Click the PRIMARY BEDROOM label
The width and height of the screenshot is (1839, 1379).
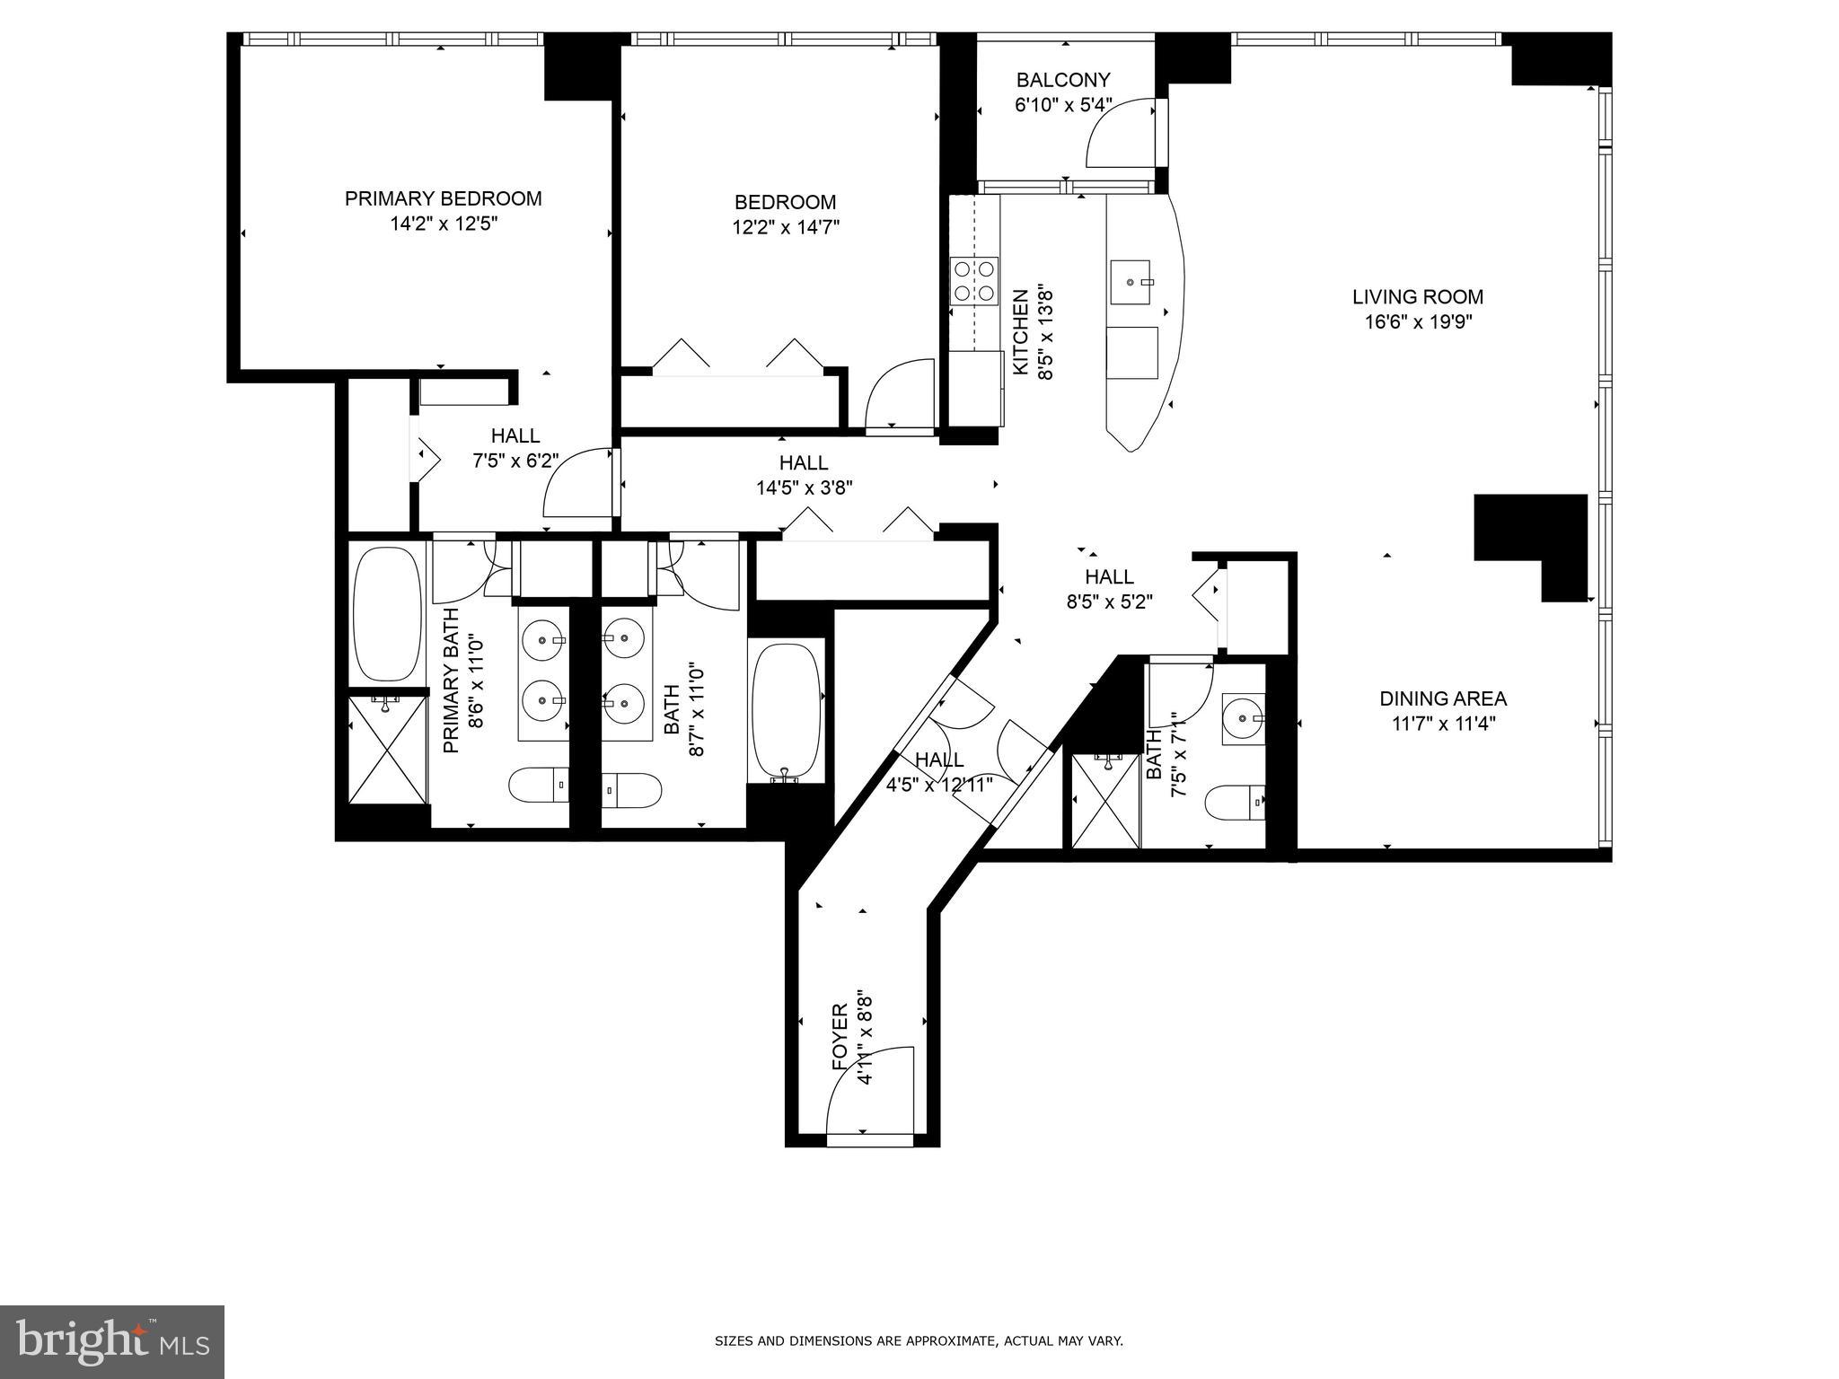(x=443, y=198)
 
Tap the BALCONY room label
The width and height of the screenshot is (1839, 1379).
(x=1063, y=80)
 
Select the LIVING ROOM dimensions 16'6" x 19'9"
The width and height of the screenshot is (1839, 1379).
(x=1418, y=321)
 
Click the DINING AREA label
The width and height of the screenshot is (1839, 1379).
(x=1442, y=698)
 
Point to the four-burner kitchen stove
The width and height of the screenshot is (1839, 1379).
(x=974, y=280)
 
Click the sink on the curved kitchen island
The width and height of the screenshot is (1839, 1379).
(x=1131, y=282)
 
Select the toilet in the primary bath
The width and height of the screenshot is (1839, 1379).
(x=539, y=786)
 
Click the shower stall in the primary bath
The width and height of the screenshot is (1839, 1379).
(x=388, y=751)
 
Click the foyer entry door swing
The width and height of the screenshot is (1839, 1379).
(x=867, y=1092)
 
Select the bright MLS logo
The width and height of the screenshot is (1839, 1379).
(x=112, y=1341)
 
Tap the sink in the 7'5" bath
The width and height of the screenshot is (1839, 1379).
(x=1243, y=718)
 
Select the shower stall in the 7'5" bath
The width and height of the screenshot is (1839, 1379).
(x=1105, y=800)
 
